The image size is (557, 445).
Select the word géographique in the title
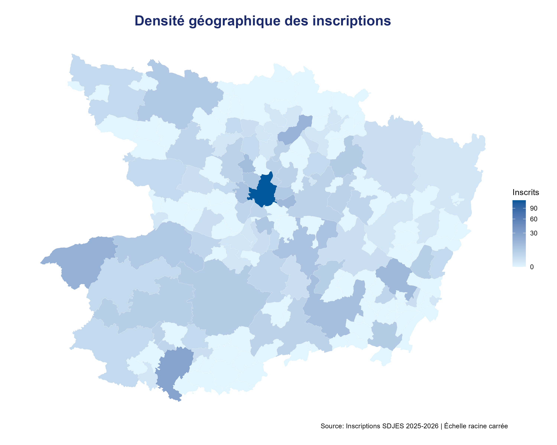[234, 21]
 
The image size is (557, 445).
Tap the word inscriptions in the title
[352, 21]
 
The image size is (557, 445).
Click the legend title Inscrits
[525, 192]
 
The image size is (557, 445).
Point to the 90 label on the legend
[533, 208]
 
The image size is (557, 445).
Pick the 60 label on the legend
[533, 219]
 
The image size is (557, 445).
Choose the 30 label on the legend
[533, 233]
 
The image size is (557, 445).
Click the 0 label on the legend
[532, 267]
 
